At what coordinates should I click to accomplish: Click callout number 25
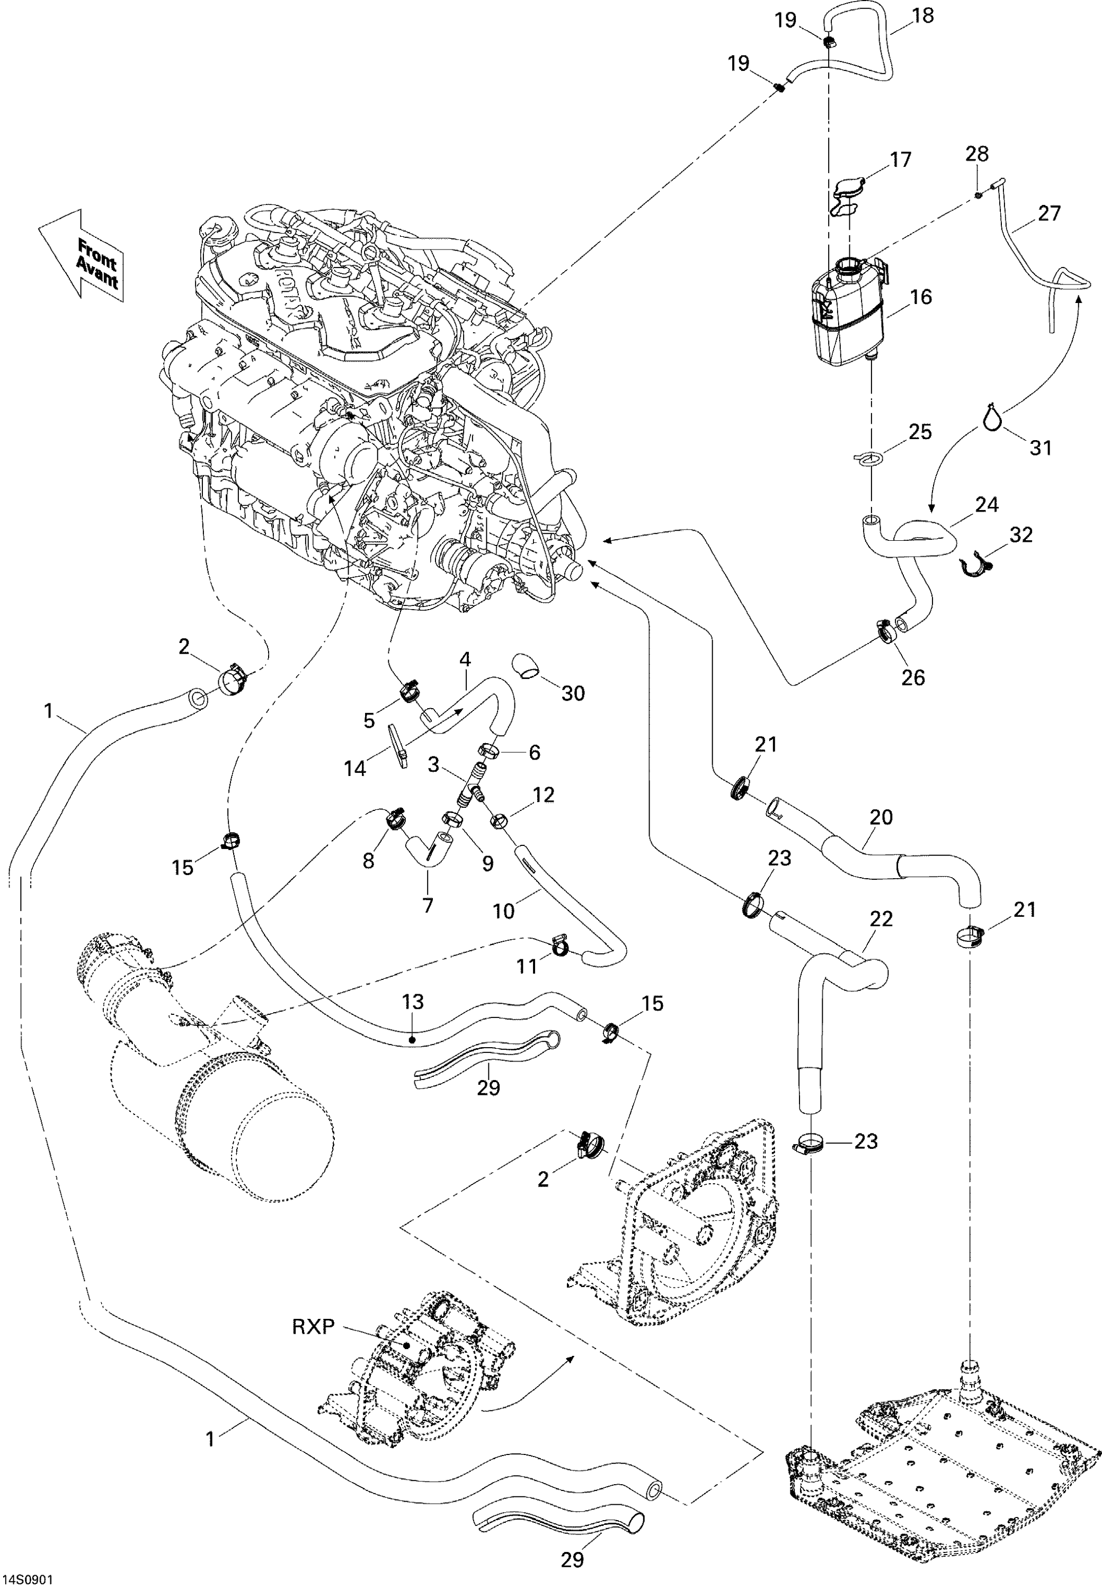(920, 432)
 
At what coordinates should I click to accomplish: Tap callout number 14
(356, 767)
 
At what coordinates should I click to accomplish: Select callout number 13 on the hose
(412, 1002)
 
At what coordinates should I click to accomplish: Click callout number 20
(881, 817)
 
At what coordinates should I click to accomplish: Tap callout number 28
(977, 153)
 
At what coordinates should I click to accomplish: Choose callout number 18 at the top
(922, 15)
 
